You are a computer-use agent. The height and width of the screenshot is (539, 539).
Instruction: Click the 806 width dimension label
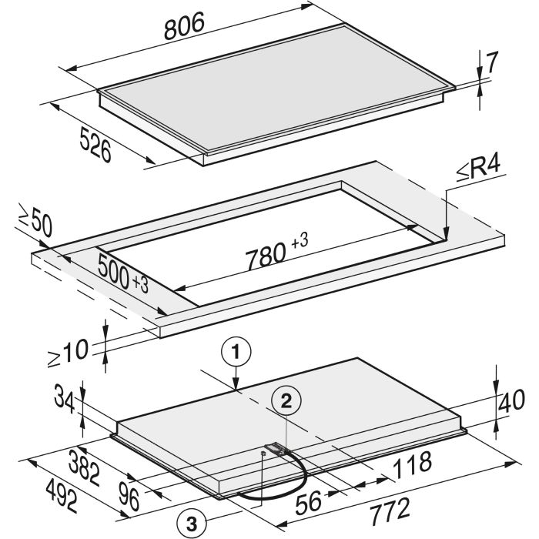click(x=184, y=25)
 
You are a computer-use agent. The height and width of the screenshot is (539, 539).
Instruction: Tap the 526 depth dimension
click(x=95, y=145)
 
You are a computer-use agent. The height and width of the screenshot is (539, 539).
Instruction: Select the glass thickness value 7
click(x=492, y=62)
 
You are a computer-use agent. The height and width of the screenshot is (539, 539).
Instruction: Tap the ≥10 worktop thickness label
click(x=68, y=353)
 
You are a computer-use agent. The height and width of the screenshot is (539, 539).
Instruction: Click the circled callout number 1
click(x=236, y=352)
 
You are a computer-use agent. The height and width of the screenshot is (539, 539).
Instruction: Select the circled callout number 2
click(x=286, y=401)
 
